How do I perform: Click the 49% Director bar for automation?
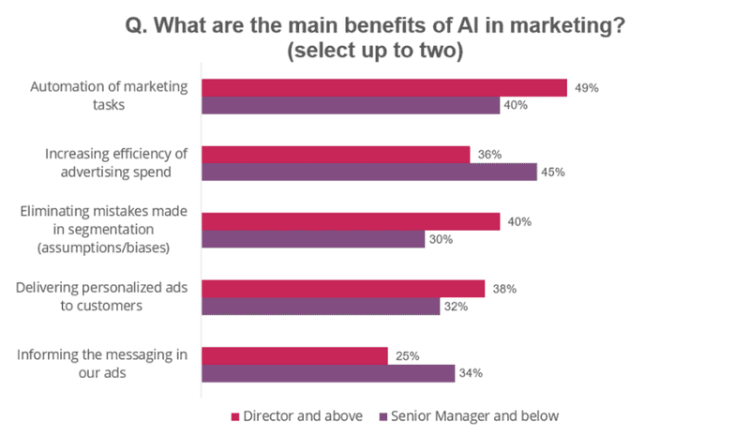point(384,87)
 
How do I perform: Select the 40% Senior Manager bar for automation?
point(351,105)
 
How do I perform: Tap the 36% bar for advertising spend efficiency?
point(336,155)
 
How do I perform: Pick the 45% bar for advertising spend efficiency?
point(369,173)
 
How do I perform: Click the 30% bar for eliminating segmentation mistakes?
point(313,239)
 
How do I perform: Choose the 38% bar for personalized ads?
point(343,289)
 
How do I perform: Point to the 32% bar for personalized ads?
point(321,307)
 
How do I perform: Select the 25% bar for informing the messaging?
point(294,356)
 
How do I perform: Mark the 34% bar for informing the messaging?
point(328,374)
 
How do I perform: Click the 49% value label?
point(587,87)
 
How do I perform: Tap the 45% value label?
point(557,173)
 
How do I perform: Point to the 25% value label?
point(407,356)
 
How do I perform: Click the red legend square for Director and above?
point(234,414)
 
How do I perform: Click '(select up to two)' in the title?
point(375,51)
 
